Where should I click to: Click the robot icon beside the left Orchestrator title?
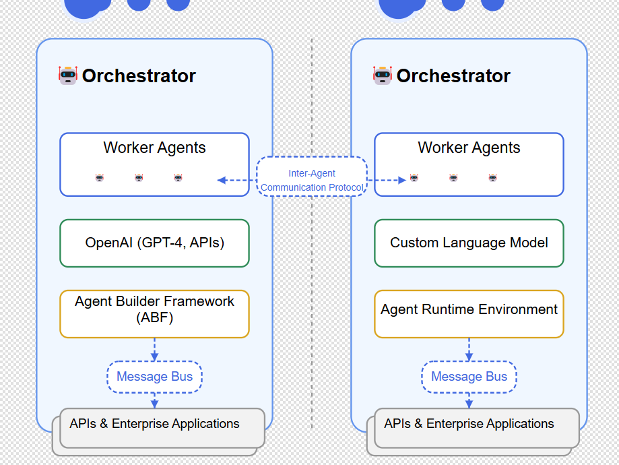coord(68,75)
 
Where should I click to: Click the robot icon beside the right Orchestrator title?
coord(383,75)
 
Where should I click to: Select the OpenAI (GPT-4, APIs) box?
coord(154,243)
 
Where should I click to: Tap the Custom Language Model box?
coord(469,243)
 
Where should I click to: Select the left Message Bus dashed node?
coord(154,377)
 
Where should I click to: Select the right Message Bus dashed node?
coord(469,377)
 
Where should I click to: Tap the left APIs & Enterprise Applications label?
coord(154,424)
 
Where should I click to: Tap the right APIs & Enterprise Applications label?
coord(469,424)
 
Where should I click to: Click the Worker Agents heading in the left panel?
coord(154,148)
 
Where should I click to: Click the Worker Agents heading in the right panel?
coord(469,148)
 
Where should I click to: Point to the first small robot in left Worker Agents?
coord(100,178)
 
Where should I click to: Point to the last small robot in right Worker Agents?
coord(492,178)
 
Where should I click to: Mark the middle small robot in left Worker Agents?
coord(139,178)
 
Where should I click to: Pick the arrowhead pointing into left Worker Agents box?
coord(221,180)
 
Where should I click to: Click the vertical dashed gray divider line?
coord(312,270)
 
